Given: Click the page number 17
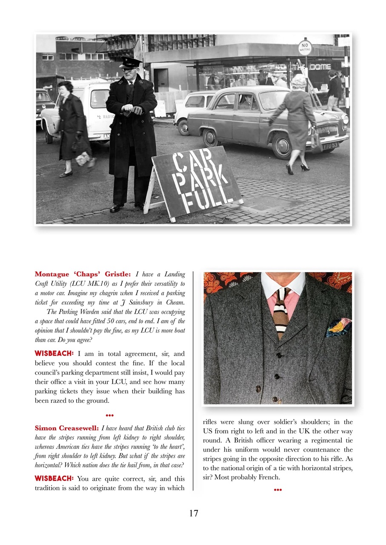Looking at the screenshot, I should pyautogui.click(x=193, y=513).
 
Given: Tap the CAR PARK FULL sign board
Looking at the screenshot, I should pyautogui.click(x=197, y=181).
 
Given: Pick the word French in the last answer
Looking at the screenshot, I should pyautogui.click(x=267, y=477).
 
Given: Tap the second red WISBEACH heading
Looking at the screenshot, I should pyautogui.click(x=54, y=478).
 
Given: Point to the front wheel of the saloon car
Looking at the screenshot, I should pyautogui.click(x=211, y=138).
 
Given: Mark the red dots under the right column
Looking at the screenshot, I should pyautogui.click(x=278, y=490).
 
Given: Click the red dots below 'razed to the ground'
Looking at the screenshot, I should pyautogui.click(x=109, y=415).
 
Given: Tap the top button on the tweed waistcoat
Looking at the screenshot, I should pyautogui.click(x=279, y=355).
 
